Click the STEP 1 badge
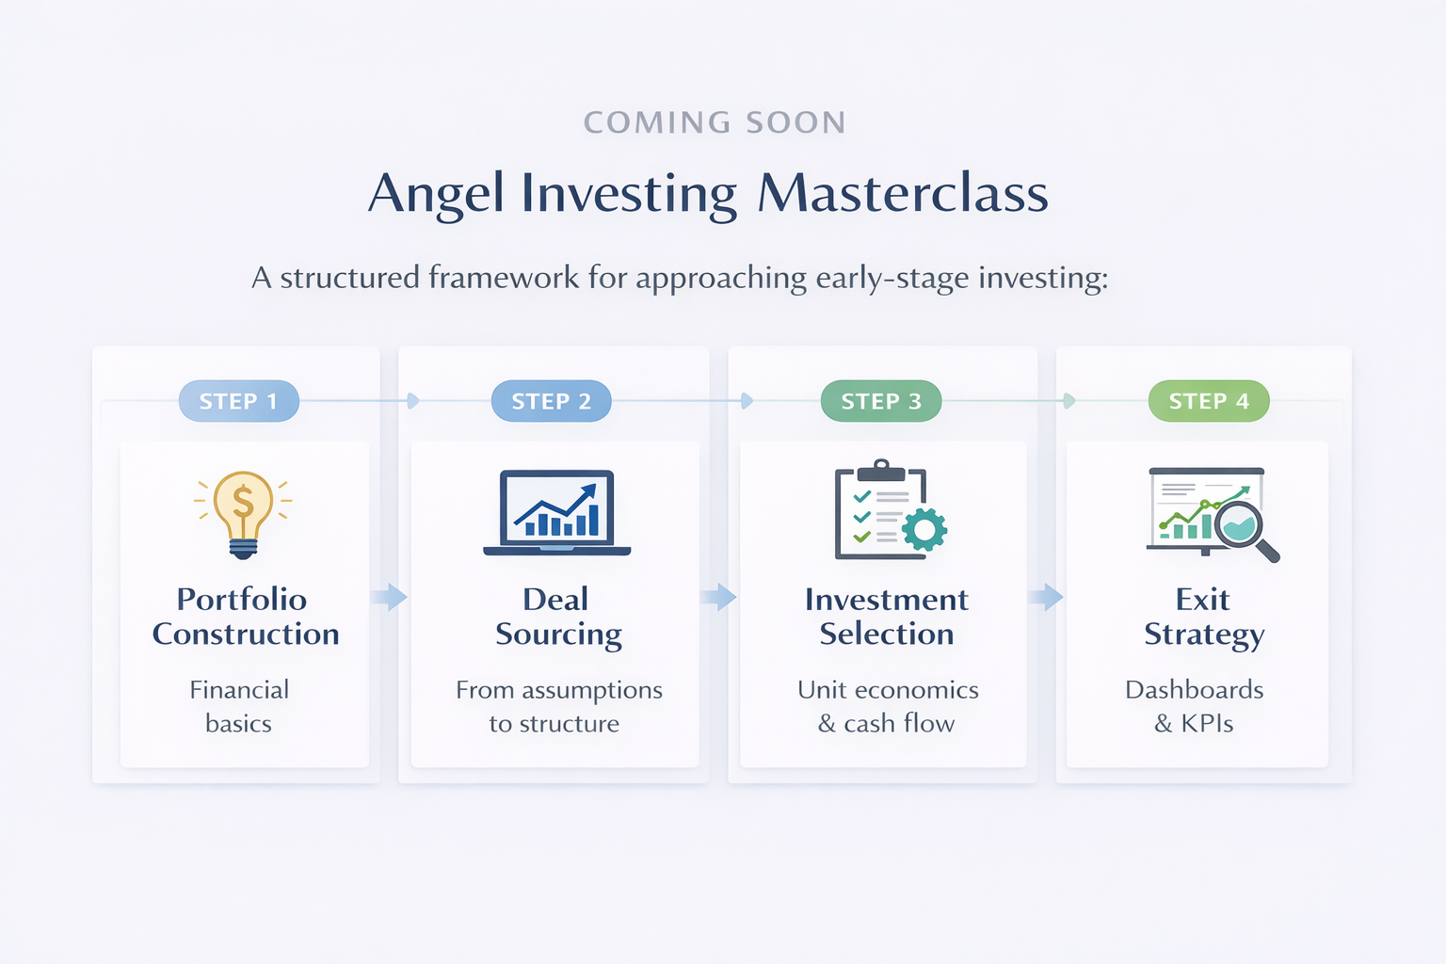(239, 401)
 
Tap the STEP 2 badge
(552, 401)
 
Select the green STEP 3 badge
(881, 401)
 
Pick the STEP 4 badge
(1209, 401)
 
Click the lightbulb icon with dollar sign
(244, 515)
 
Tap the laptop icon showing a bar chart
(557, 513)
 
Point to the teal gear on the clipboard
(924, 529)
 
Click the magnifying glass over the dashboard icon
(1245, 532)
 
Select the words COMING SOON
(715, 122)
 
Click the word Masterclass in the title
(903, 193)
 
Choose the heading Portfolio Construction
(246, 617)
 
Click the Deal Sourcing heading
(558, 617)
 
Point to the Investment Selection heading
(886, 617)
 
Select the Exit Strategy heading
(1204, 617)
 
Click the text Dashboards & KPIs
(1195, 706)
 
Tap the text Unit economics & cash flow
(888, 706)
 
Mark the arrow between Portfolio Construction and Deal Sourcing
(389, 597)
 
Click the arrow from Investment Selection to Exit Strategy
(1046, 597)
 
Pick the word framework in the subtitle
(504, 278)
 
